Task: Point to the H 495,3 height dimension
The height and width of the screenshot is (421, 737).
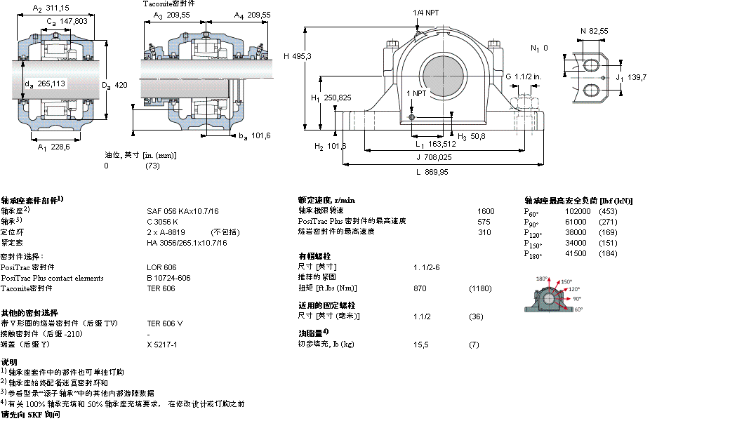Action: click(298, 56)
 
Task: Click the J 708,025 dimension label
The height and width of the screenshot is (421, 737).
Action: click(432, 156)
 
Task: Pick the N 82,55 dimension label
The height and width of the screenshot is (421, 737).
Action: click(594, 30)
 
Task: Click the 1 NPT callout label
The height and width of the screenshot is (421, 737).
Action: click(416, 93)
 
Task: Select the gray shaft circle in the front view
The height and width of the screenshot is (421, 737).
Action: click(442, 77)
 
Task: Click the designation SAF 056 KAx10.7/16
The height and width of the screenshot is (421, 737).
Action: click(182, 211)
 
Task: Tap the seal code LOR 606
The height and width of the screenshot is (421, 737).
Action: click(161, 267)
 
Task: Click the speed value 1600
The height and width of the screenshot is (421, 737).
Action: click(486, 211)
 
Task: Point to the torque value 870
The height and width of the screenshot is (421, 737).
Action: click(420, 288)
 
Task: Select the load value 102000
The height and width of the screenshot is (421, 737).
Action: click(578, 211)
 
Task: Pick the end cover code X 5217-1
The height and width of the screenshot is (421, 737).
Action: click(162, 345)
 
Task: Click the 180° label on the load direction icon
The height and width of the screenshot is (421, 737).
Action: click(542, 279)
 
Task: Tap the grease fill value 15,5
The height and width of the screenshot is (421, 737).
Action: click(421, 345)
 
